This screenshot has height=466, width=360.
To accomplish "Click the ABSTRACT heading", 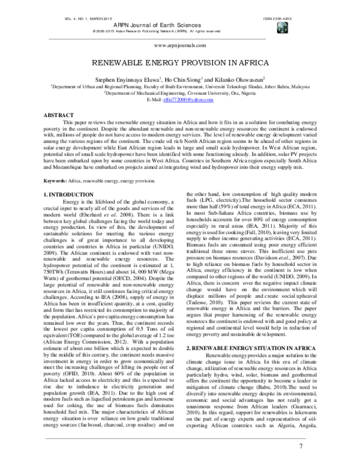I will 62,113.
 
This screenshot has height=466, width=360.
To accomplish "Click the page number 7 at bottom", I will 300,447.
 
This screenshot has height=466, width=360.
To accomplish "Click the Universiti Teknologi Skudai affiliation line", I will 179,86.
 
